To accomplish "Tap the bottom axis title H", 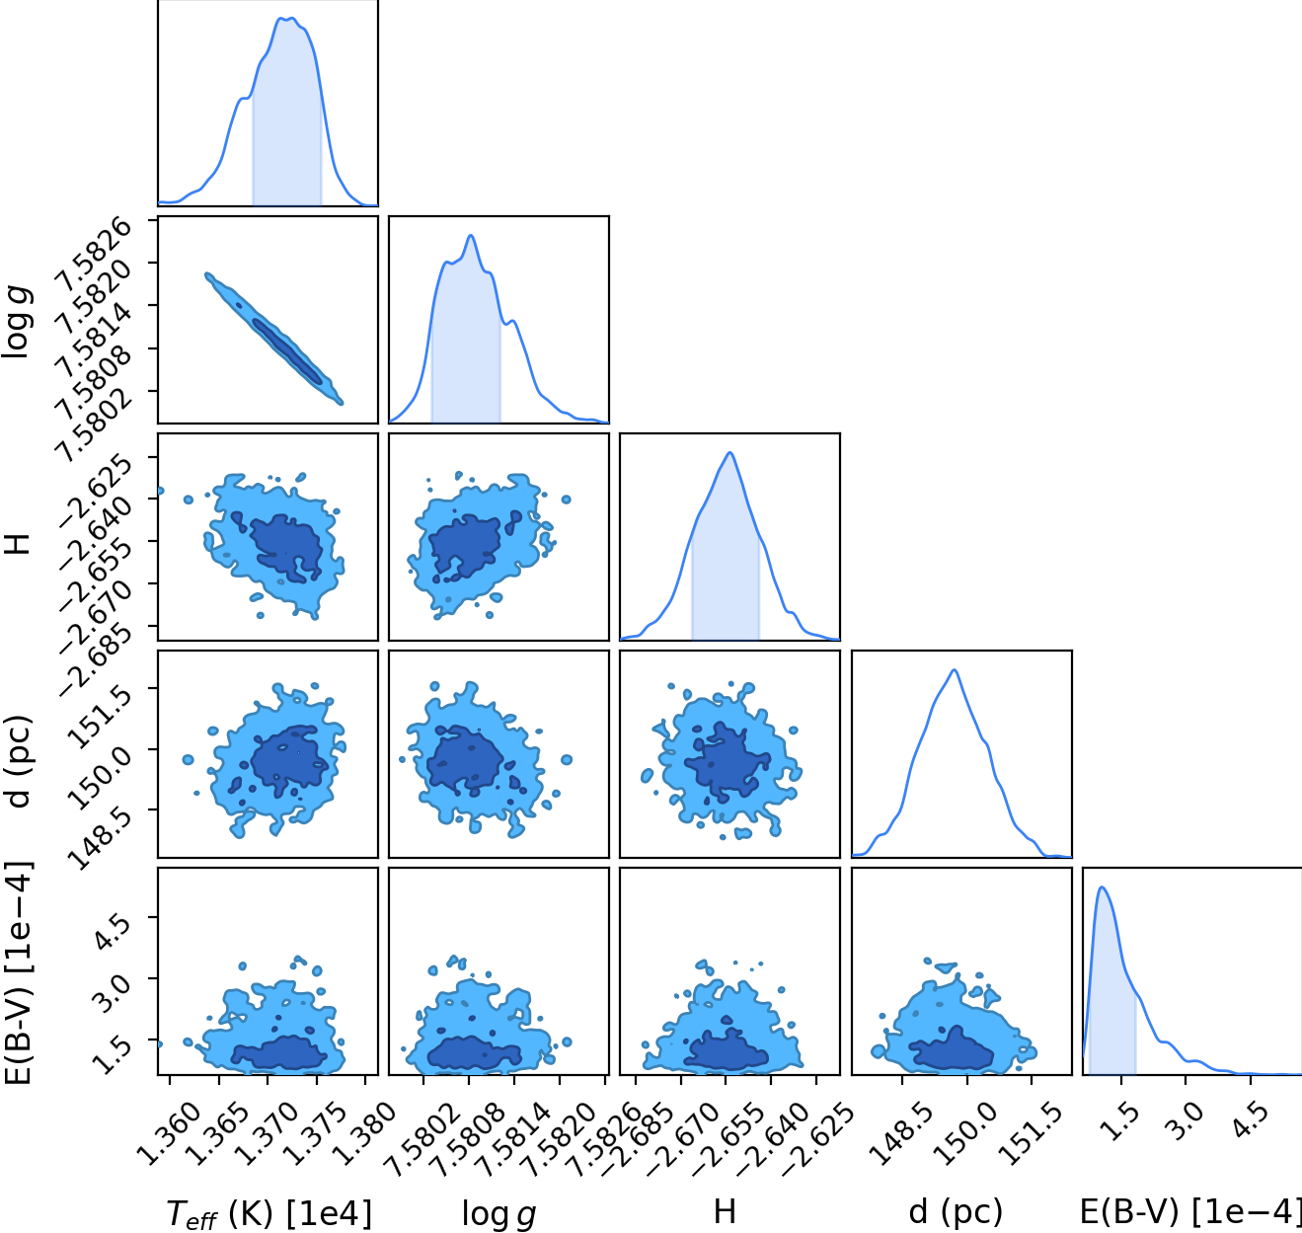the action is click(725, 1212).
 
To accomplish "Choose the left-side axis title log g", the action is click(17, 322).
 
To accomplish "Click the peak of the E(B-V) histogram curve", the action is click(1102, 886).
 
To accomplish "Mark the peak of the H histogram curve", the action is click(729, 452).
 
